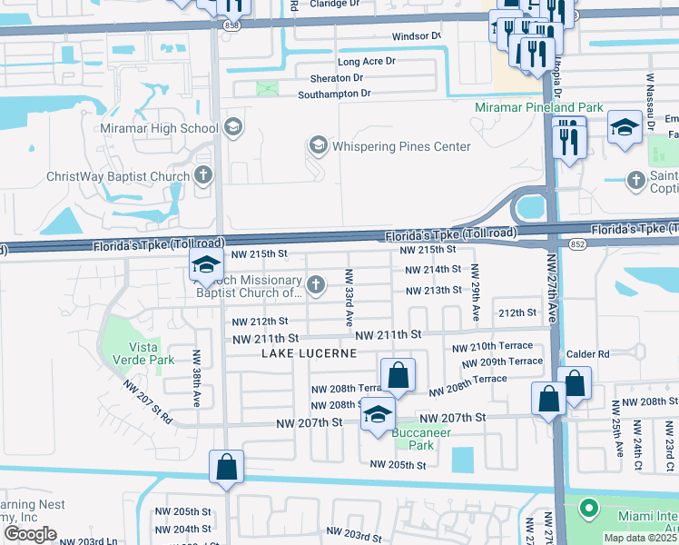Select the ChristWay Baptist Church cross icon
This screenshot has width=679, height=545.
coord(204,175)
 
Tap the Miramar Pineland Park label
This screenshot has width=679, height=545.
coord(539,107)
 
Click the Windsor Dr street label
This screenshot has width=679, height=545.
coord(416,36)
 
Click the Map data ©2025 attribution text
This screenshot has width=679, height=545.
coord(641,538)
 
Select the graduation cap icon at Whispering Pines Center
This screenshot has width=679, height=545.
coord(318,145)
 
